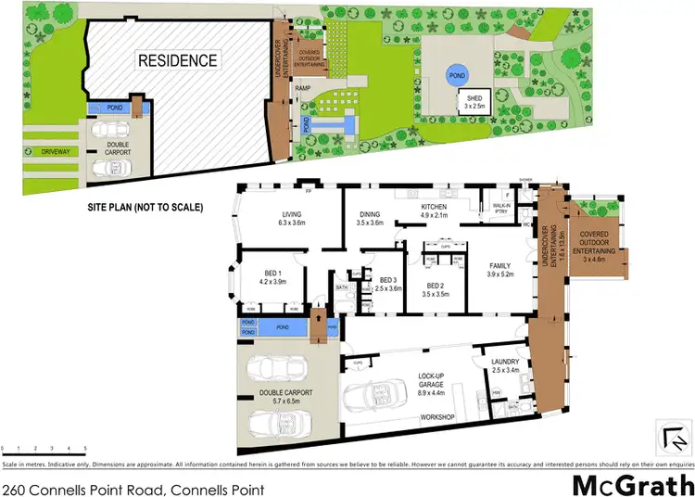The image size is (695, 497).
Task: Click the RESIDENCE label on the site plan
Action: click(x=178, y=61)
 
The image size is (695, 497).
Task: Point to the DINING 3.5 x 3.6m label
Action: click(x=370, y=219)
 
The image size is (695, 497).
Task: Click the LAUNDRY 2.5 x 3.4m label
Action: click(x=510, y=366)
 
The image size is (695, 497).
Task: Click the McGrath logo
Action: click(x=629, y=484)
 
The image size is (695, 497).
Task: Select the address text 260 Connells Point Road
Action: click(x=133, y=489)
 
